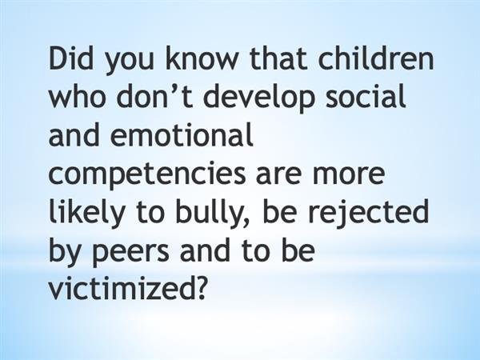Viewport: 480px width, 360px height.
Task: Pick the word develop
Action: coord(258,98)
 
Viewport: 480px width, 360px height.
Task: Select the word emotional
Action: coord(182,134)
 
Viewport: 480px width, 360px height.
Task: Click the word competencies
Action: coord(147,175)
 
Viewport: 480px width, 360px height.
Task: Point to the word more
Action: coord(349,175)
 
